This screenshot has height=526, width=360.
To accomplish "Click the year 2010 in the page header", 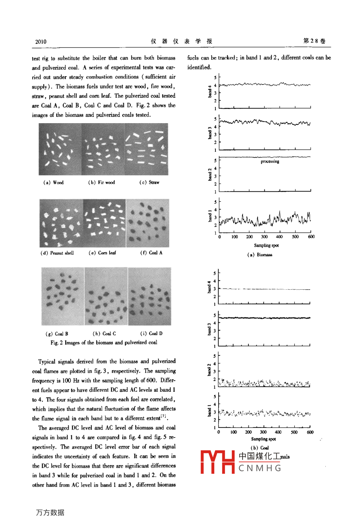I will (41, 41).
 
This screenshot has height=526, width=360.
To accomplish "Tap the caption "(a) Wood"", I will (53, 183).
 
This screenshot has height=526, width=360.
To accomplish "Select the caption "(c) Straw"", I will (149, 183).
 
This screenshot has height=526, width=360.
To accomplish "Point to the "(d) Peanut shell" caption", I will (57, 253).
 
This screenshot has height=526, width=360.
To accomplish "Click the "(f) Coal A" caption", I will (151, 253).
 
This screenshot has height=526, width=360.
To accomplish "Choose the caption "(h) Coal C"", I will (104, 334).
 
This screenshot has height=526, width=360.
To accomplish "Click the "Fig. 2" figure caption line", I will (104, 343).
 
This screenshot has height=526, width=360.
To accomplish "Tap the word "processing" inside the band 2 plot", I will (270, 162).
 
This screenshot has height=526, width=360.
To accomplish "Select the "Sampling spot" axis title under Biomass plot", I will (266, 245).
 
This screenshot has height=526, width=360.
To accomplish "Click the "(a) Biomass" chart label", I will (260, 255).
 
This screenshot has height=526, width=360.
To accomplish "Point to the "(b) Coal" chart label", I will (260, 448).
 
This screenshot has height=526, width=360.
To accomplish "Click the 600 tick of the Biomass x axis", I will (311, 237).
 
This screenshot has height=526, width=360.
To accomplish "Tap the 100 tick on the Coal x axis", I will (233, 432).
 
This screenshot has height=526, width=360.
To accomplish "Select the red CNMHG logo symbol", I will (217, 462).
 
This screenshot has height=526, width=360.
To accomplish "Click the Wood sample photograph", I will (60, 149).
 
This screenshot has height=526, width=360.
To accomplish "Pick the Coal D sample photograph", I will (150, 296).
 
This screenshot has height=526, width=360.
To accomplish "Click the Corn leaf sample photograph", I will (104, 224).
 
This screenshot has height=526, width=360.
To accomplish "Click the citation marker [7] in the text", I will (164, 416).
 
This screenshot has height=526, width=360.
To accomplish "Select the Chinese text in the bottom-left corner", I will (50, 513).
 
